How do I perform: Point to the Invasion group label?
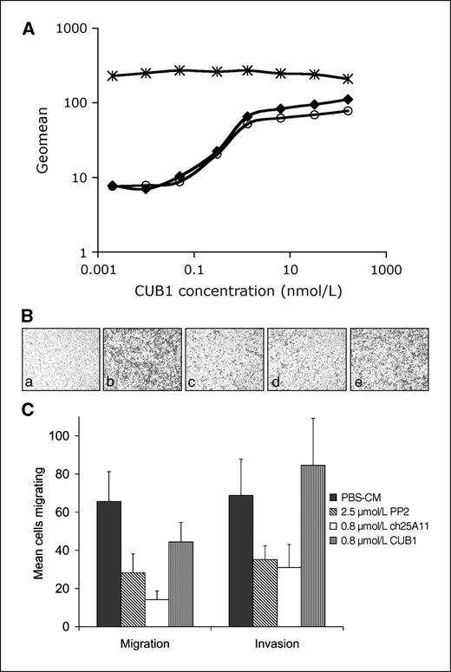[278, 646]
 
